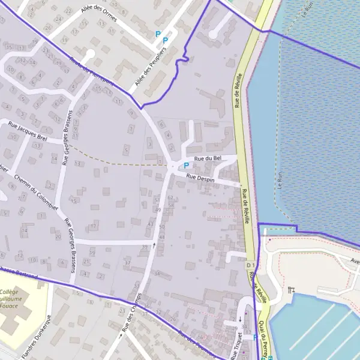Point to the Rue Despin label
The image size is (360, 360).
click(200, 178)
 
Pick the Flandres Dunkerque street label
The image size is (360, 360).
click(41, 339)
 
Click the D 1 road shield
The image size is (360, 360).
click(250, 265)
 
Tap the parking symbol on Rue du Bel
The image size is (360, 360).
click(186, 166)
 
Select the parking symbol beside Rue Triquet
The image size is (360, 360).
click(256, 337)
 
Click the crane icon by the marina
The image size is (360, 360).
click(291, 290)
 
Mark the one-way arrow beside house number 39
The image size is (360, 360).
click(154, 245)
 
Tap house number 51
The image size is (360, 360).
click(157, 198)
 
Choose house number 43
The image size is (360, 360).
click(150, 223)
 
